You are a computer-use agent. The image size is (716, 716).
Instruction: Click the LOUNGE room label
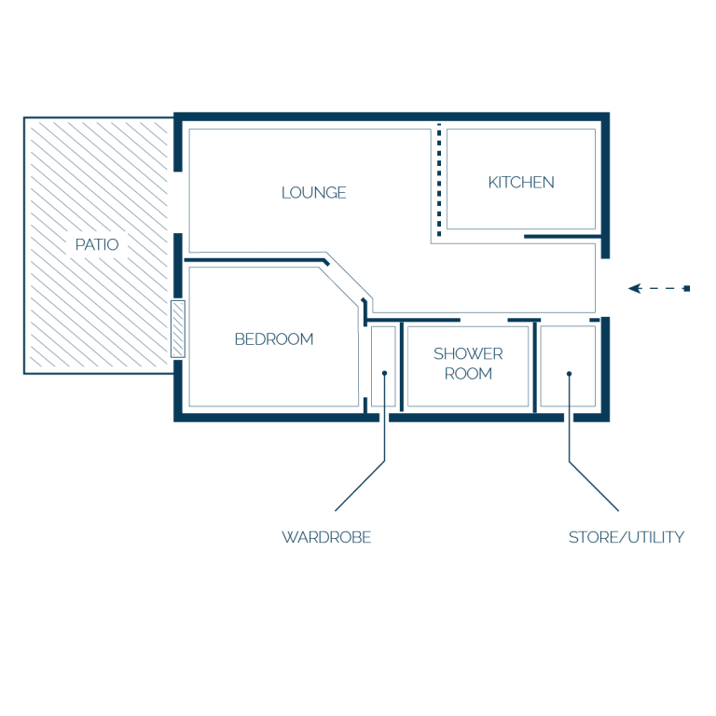click(313, 193)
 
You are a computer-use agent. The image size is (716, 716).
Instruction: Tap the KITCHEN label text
click(521, 183)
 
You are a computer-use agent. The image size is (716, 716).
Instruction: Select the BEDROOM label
click(274, 339)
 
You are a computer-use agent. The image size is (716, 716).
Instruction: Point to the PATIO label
click(97, 245)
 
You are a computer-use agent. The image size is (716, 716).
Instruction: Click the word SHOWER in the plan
click(468, 354)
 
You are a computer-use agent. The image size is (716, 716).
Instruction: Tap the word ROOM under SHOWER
click(468, 374)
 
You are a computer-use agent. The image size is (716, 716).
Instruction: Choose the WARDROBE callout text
click(326, 537)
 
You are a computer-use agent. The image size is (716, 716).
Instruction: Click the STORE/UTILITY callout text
click(626, 537)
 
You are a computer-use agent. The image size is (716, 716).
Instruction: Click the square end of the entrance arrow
click(686, 289)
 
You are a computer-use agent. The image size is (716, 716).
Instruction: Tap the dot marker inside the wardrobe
click(384, 373)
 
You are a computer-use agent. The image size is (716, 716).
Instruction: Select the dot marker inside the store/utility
click(569, 374)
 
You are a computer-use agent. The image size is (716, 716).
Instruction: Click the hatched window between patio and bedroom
click(178, 329)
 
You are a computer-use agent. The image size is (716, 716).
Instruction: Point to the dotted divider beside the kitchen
click(439, 180)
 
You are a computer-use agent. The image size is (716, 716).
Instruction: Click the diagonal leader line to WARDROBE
click(360, 486)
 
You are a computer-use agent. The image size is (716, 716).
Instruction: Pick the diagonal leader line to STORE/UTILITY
click(594, 487)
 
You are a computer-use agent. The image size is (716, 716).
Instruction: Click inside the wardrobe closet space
click(383, 347)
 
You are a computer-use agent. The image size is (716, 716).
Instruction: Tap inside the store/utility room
click(568, 347)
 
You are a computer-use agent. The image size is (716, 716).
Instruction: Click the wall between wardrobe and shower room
click(402, 366)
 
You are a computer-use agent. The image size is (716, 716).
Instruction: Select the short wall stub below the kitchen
click(562, 237)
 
